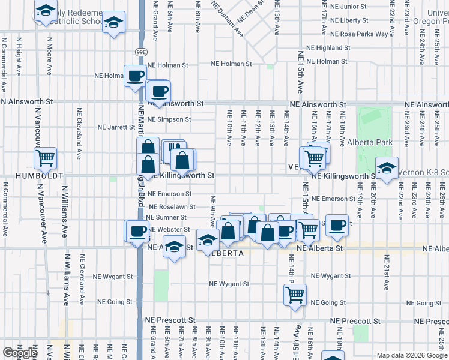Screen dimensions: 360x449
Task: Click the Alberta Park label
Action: (370, 142)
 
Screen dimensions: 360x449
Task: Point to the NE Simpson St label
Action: (169, 119)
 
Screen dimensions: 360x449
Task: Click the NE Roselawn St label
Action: (172, 206)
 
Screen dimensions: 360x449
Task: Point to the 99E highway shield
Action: (140, 52)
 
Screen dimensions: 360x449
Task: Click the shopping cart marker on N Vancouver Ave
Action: (45, 158)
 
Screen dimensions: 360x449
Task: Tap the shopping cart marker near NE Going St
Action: (295, 294)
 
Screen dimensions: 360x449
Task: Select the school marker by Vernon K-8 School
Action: (387, 167)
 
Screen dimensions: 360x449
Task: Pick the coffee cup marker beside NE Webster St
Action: (136, 231)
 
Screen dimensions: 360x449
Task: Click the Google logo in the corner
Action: (20, 353)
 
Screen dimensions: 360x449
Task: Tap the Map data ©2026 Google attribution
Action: (412, 355)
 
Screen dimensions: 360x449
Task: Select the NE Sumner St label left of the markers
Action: (167, 217)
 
